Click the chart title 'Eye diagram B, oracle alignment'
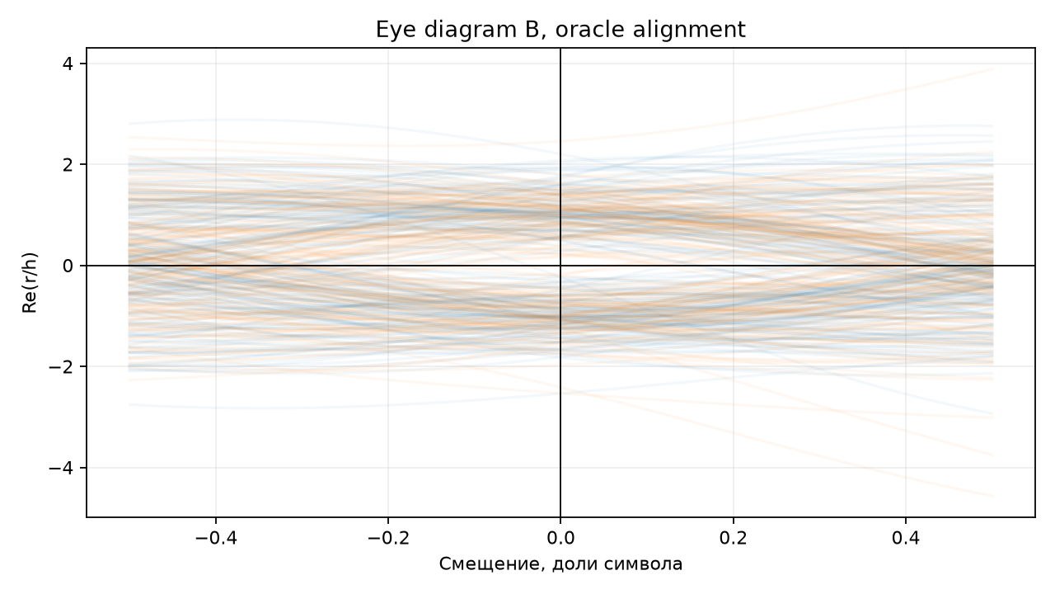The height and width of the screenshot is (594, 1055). pyautogui.click(x=560, y=30)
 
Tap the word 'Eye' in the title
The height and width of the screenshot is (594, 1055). pyautogui.click(x=397, y=31)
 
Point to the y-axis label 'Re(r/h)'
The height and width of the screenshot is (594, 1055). pyautogui.click(x=29, y=283)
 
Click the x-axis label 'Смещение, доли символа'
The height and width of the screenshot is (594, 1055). pyautogui.click(x=560, y=563)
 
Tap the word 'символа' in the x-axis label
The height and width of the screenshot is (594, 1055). pyautogui.click(x=644, y=563)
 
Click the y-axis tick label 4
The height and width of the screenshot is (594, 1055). pyautogui.click(x=68, y=64)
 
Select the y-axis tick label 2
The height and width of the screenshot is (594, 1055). pyautogui.click(x=68, y=164)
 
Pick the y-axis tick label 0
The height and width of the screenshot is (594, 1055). pyautogui.click(x=68, y=266)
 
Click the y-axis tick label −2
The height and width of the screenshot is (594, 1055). pyautogui.click(x=61, y=367)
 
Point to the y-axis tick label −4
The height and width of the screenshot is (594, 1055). pyautogui.click(x=61, y=468)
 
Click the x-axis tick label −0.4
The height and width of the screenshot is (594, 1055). pyautogui.click(x=216, y=537)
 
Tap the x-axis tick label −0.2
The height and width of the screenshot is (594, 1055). pyautogui.click(x=388, y=537)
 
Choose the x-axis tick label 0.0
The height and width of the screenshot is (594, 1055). pyautogui.click(x=560, y=537)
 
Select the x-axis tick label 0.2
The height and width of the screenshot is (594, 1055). pyautogui.click(x=734, y=537)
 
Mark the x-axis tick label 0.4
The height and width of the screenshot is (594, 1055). pyautogui.click(x=906, y=537)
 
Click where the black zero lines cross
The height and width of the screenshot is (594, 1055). pyautogui.click(x=560, y=266)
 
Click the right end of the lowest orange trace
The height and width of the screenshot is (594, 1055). pyautogui.click(x=993, y=496)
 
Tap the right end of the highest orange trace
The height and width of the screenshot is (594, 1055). pyautogui.click(x=993, y=69)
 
